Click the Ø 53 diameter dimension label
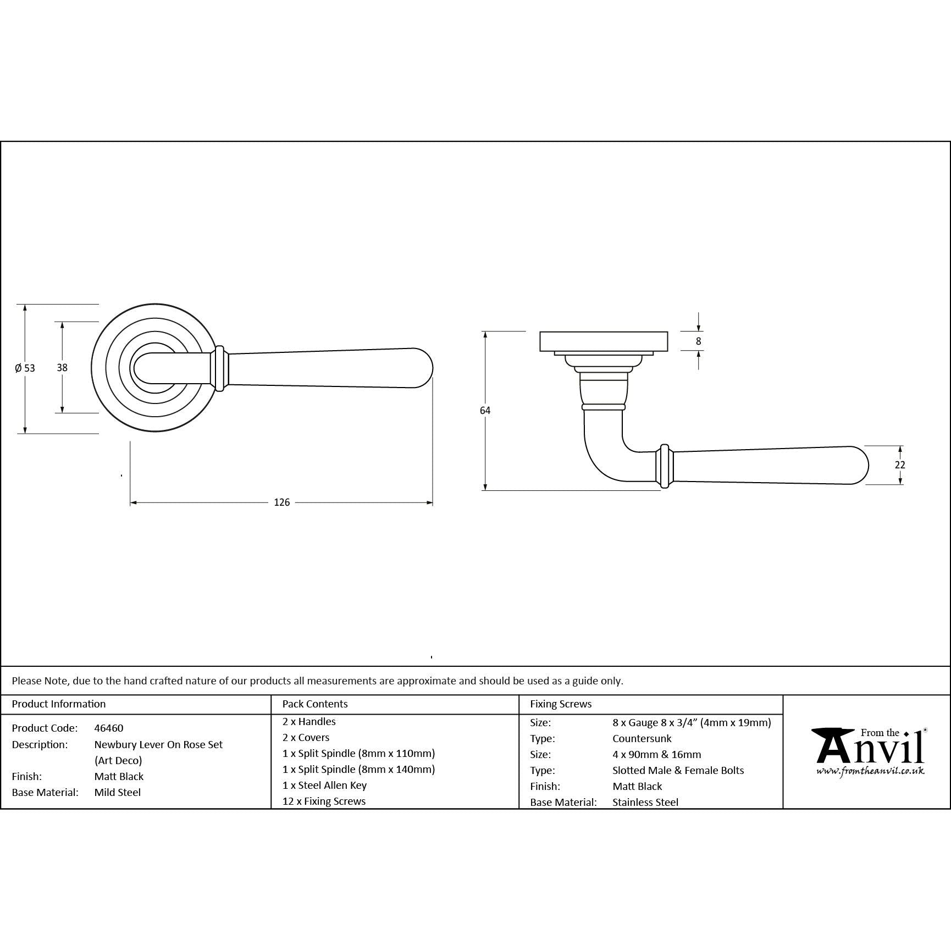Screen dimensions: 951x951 25,368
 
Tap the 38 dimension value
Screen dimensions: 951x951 62,367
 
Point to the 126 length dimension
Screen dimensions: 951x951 281,502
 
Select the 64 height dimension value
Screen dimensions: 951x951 485,411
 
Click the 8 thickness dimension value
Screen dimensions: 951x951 699,341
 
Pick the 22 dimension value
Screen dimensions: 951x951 900,465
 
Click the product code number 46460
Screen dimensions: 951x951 109,728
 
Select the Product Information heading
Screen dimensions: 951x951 59,704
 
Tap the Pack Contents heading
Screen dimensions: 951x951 315,704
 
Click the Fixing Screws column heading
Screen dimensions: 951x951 561,704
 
